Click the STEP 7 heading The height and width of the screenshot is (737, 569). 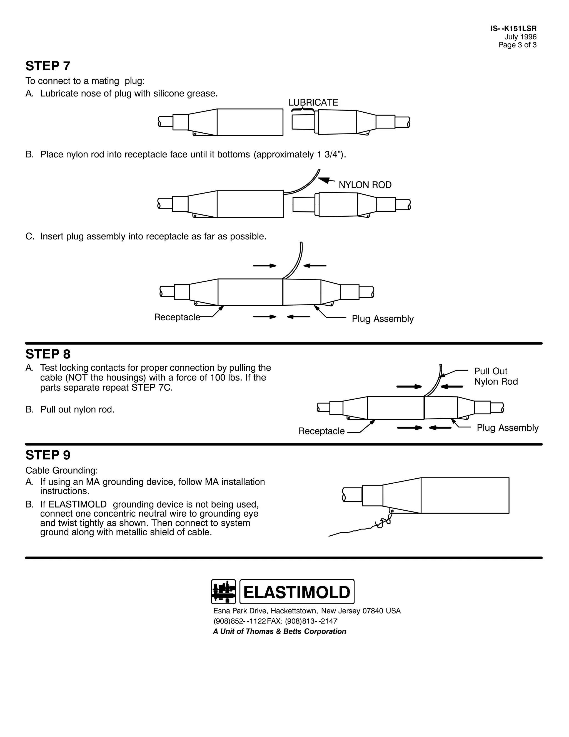[x=48, y=66]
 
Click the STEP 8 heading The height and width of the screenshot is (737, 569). [x=48, y=354]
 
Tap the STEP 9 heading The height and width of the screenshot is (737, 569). [x=48, y=455]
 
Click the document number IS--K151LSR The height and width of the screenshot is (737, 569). [x=513, y=29]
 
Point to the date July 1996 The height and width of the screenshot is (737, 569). [x=520, y=37]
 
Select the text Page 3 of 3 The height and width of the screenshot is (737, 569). [x=517, y=45]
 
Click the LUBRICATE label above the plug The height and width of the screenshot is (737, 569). [x=313, y=103]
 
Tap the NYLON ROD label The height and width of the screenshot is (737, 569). [x=365, y=185]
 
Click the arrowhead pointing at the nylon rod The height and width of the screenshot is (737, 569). [x=324, y=180]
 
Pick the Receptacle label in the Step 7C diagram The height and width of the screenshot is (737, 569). [x=177, y=317]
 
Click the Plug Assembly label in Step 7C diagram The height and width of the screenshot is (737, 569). [x=383, y=319]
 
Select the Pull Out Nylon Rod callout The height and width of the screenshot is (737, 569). [x=496, y=376]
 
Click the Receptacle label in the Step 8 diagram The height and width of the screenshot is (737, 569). [x=321, y=431]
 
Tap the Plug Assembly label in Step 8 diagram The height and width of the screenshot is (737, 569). [x=507, y=428]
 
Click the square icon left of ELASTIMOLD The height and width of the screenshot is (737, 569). [x=223, y=592]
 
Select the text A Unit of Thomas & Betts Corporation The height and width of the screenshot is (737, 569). [x=279, y=632]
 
